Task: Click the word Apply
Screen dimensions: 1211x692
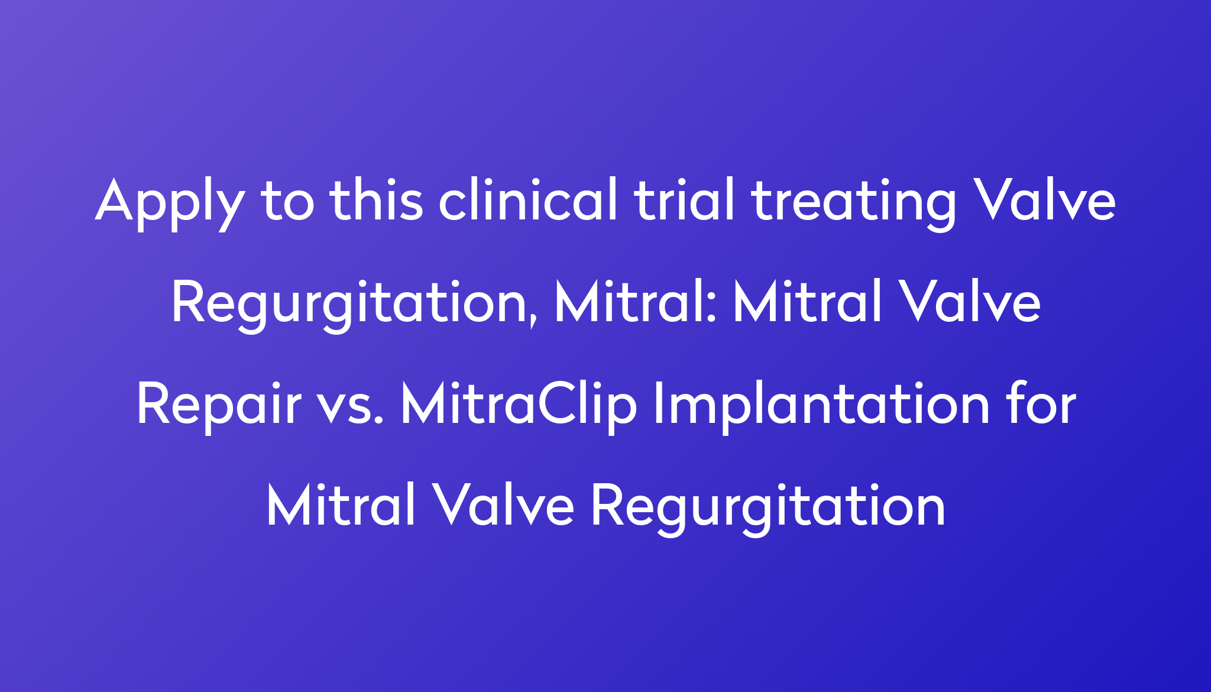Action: point(169,204)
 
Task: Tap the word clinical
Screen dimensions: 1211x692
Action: point(528,199)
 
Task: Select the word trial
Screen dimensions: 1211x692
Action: point(685,199)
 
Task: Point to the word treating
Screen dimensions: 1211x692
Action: point(853,204)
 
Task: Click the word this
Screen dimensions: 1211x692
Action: point(377,199)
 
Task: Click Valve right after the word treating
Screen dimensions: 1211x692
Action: point(1044,199)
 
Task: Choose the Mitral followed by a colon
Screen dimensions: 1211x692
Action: point(630,301)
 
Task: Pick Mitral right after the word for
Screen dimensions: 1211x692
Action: point(341,505)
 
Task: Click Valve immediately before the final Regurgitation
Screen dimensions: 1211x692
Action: point(503,505)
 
